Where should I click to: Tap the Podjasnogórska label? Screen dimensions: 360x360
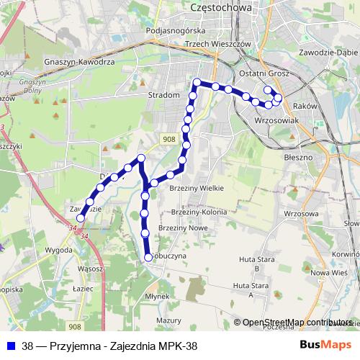pyautogui.click(x=176, y=31)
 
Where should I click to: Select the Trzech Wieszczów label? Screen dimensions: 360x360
pyautogui.click(x=217, y=43)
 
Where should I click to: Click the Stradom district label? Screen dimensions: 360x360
pyautogui.click(x=163, y=94)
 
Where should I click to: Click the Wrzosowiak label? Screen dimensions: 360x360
pyautogui.click(x=276, y=121)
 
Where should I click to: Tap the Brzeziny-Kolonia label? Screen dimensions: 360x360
pyautogui.click(x=199, y=212)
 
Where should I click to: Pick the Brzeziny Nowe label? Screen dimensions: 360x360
pyautogui.click(x=182, y=227)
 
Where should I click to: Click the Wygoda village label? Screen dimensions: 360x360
pyautogui.click(x=59, y=250)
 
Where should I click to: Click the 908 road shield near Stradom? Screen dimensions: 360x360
pyautogui.click(x=168, y=139)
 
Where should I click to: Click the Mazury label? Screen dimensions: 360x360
pyautogui.click(x=168, y=319)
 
